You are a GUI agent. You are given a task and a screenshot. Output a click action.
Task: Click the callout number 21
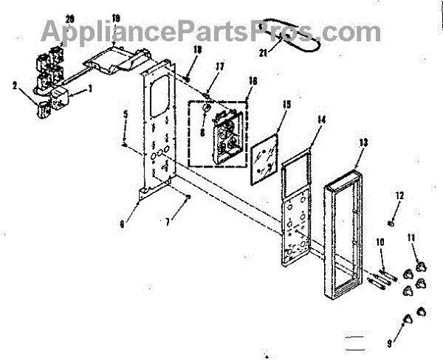(x=263, y=54)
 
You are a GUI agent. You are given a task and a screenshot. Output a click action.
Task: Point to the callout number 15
(x=286, y=107)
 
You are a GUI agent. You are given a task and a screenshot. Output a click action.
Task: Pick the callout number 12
(x=399, y=195)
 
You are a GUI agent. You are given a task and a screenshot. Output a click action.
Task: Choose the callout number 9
(x=391, y=344)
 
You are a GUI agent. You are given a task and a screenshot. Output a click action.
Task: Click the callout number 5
(x=126, y=114)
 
